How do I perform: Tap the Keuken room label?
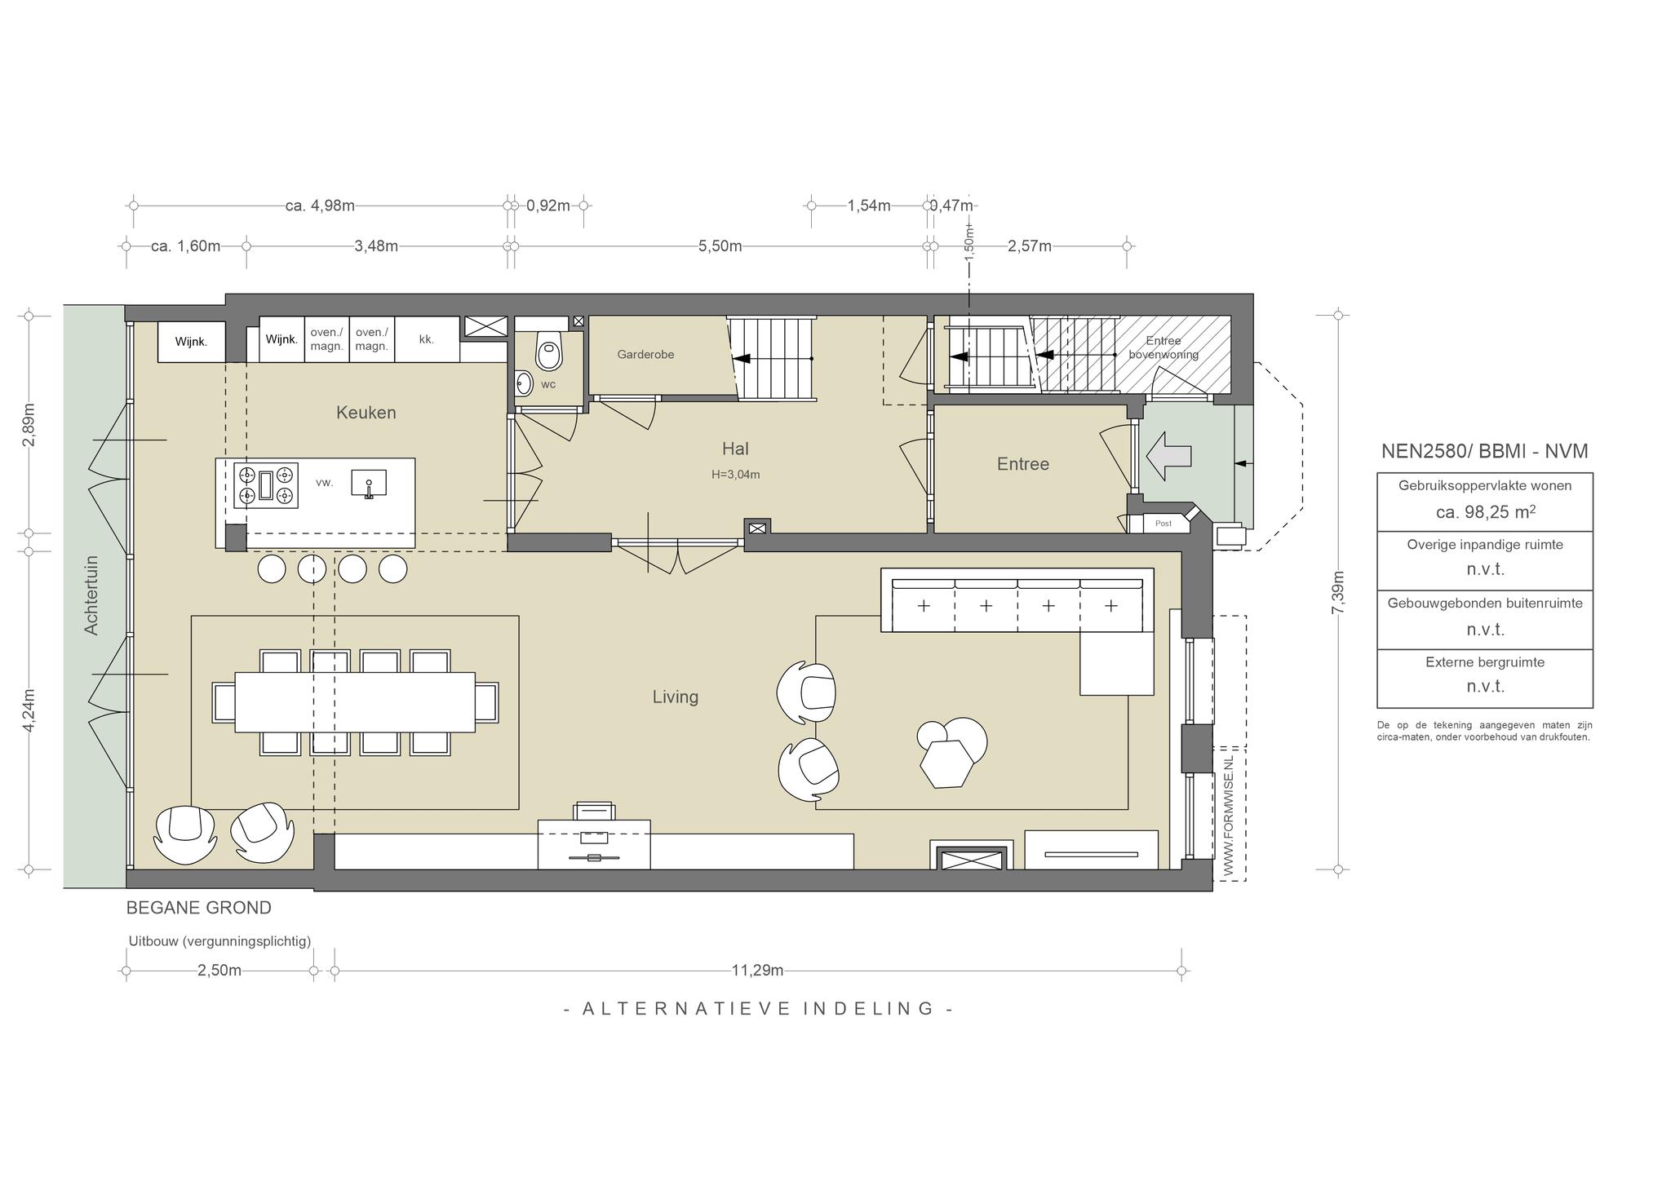point(366,413)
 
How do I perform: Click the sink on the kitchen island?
point(369,483)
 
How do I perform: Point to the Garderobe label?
point(645,355)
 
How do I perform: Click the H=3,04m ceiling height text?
point(735,475)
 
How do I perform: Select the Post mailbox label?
point(1163,524)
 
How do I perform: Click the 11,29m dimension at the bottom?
point(757,971)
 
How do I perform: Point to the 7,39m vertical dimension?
point(1337,593)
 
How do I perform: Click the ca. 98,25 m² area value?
point(1485,511)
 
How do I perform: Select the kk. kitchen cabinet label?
point(427,339)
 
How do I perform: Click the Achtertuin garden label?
point(91,595)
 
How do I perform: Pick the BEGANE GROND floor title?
point(199,908)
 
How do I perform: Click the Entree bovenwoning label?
point(1163,347)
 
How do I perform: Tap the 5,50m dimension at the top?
point(720,246)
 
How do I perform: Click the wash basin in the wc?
point(524,383)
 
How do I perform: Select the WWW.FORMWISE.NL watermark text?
point(1229,816)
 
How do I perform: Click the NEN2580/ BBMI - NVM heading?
point(1485,451)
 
